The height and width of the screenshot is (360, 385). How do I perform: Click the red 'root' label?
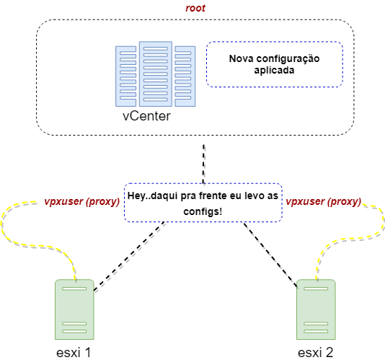(195, 8)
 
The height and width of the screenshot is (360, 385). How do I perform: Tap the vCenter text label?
(146, 116)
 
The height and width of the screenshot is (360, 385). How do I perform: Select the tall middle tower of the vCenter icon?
(156, 74)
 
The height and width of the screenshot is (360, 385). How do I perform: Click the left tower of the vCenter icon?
(125, 76)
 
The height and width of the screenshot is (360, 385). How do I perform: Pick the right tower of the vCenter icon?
(185, 76)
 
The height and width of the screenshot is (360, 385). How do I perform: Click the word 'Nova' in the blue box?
(241, 58)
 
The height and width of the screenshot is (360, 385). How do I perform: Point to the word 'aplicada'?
(274, 71)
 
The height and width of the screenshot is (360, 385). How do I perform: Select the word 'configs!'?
(203, 211)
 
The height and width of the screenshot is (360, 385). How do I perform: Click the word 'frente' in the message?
(213, 196)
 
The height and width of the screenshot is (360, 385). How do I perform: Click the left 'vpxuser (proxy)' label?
(82, 201)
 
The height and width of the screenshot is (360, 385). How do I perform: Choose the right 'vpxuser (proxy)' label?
(324, 201)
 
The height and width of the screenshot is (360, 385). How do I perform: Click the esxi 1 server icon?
(74, 309)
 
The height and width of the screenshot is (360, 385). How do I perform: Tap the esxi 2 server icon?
(316, 309)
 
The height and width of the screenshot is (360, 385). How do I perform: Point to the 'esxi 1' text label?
(74, 353)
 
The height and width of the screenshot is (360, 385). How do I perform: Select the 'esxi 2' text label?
(316, 353)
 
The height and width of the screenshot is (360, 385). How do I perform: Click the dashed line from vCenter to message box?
(203, 164)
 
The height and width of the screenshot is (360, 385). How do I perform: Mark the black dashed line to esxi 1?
(129, 256)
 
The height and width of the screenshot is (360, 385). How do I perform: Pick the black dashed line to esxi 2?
(270, 255)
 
